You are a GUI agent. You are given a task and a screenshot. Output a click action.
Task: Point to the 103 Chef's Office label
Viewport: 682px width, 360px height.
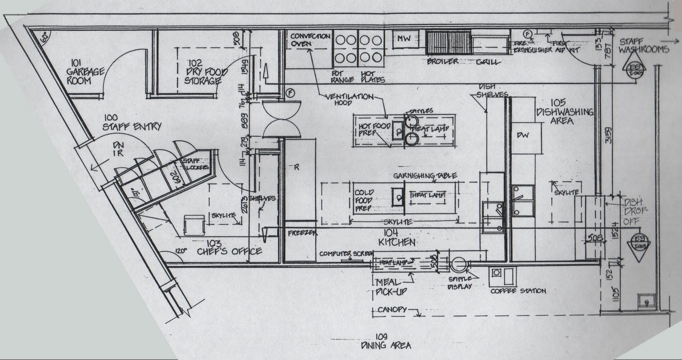[x=229, y=248]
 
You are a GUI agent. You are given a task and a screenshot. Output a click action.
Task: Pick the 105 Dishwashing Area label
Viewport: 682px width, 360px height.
[x=565, y=112]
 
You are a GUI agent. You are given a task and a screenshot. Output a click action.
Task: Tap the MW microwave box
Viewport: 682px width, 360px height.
[x=404, y=39]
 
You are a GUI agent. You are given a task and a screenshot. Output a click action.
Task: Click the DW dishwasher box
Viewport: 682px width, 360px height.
[x=523, y=135]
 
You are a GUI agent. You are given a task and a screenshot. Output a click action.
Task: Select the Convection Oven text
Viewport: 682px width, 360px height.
[x=310, y=40]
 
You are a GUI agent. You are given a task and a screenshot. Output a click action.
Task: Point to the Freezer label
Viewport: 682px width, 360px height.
[x=303, y=233]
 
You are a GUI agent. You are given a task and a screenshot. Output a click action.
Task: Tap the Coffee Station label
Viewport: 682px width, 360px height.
[x=518, y=291]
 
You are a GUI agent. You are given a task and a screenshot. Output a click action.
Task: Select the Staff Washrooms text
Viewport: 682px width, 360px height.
[x=644, y=46]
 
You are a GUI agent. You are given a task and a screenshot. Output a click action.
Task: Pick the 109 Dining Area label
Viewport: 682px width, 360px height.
[x=385, y=341]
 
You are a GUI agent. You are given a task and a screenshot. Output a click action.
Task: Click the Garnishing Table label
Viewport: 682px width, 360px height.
[x=425, y=176]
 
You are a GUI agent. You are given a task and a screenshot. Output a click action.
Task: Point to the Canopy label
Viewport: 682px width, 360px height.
[x=392, y=310]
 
